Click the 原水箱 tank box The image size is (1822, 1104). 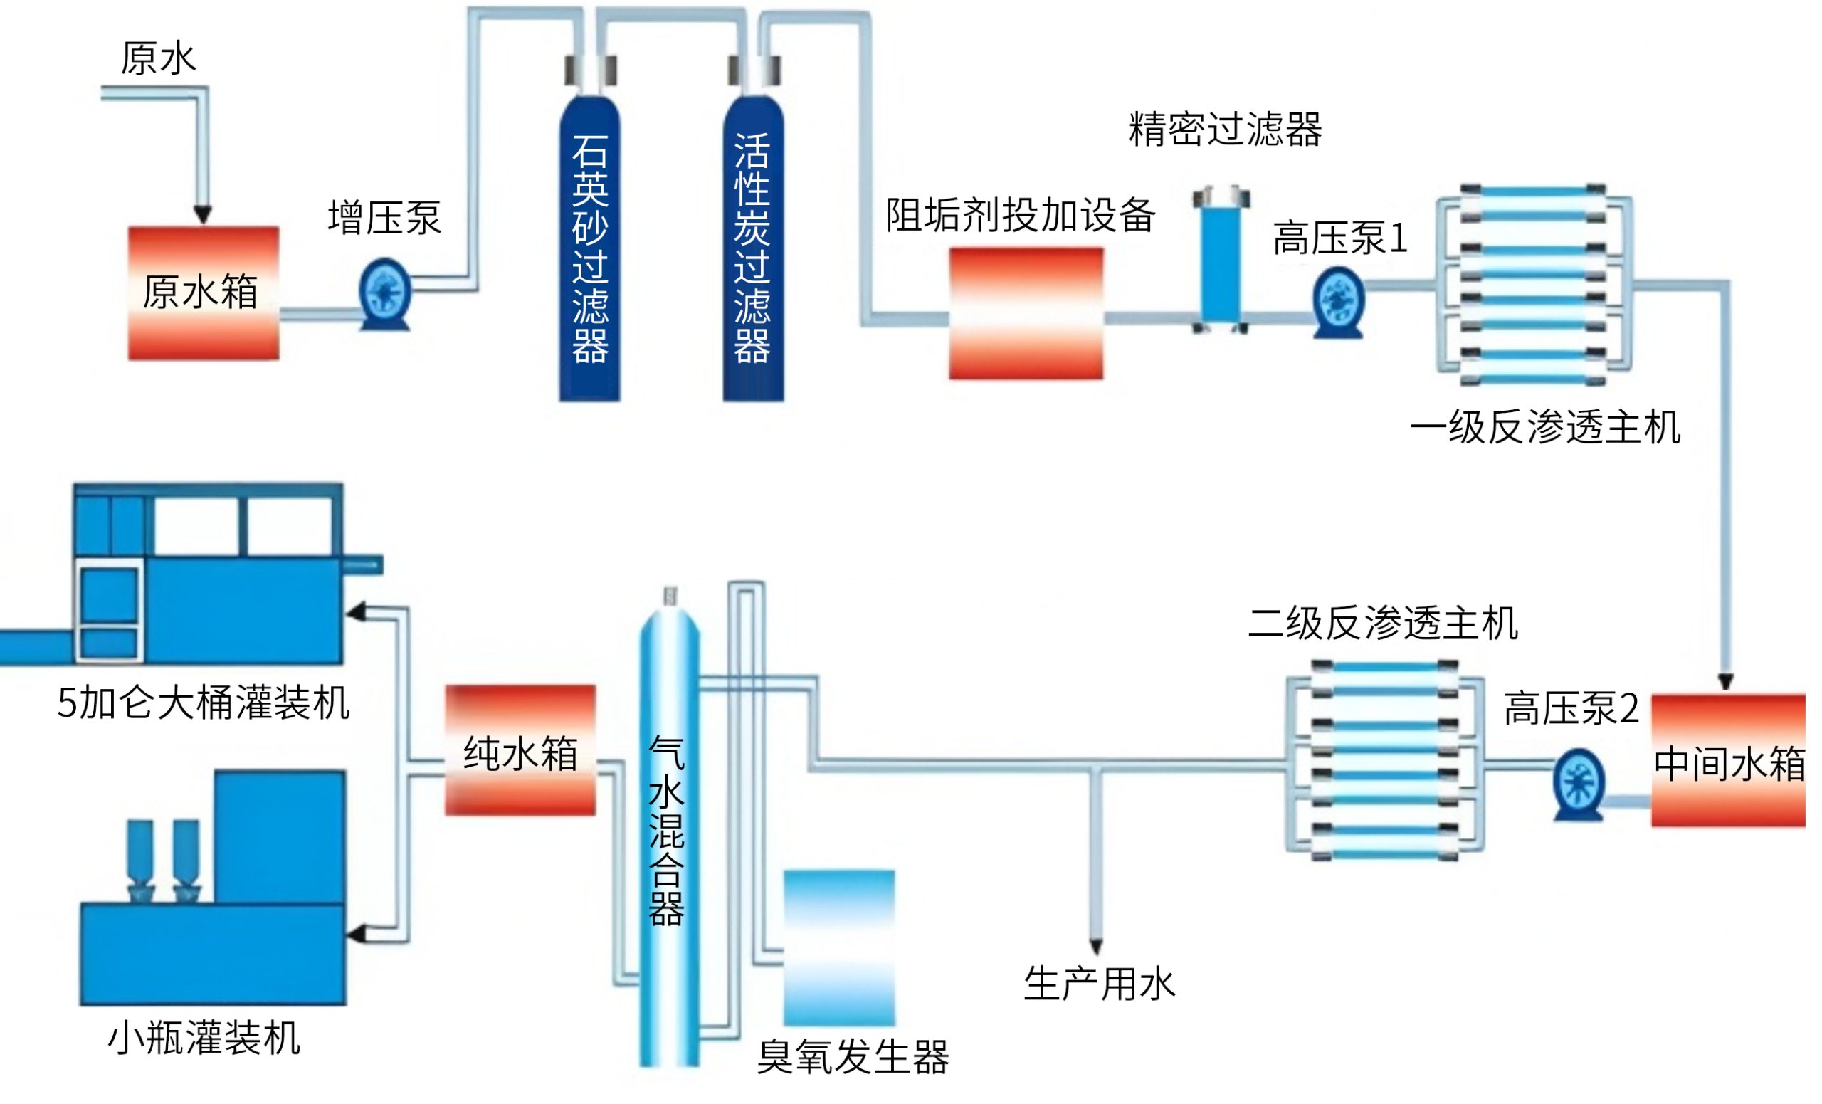[204, 294]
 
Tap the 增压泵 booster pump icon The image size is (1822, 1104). [385, 293]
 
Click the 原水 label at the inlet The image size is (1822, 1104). [159, 59]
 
